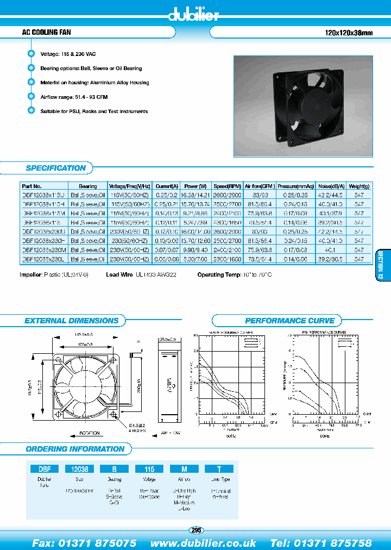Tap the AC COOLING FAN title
click(x=39, y=33)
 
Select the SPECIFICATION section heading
click(x=56, y=168)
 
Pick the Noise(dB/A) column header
click(x=330, y=186)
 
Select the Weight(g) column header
click(x=359, y=186)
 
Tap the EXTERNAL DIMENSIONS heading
click(x=71, y=321)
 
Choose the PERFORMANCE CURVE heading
click(x=289, y=321)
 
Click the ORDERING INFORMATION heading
click(x=75, y=449)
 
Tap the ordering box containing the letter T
click(x=219, y=468)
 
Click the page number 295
click(x=196, y=530)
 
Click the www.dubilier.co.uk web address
click(x=203, y=543)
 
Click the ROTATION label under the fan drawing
click(x=89, y=433)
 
